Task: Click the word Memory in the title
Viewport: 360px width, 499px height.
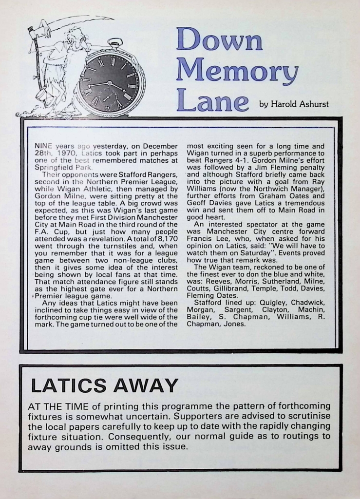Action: tap(237, 71)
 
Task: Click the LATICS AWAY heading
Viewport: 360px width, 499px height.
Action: tap(104, 385)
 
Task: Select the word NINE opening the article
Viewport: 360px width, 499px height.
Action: tap(43, 146)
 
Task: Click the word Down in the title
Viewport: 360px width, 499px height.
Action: tap(219, 39)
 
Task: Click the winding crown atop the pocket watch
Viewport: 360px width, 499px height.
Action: tap(115, 42)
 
